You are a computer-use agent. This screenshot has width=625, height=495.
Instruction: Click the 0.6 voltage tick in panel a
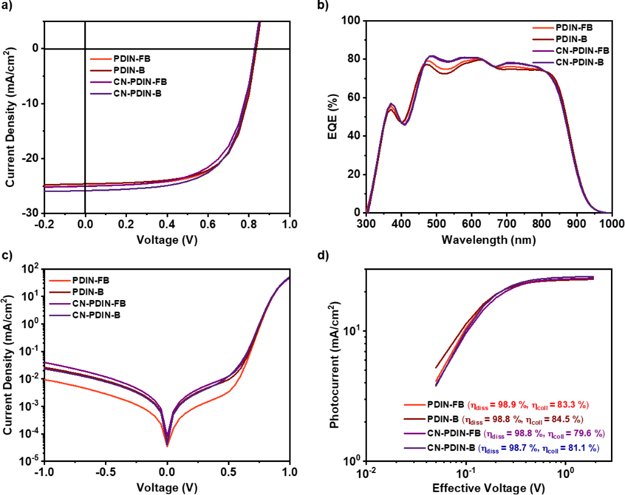point(208,224)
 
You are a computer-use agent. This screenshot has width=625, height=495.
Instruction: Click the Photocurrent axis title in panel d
point(334,364)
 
